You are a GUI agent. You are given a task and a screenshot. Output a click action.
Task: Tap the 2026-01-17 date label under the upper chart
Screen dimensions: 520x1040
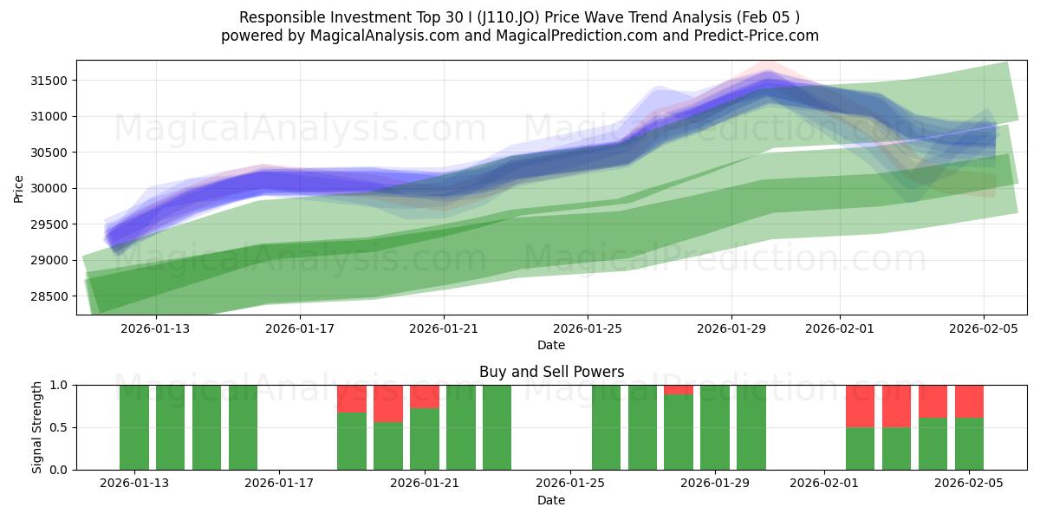coord(300,328)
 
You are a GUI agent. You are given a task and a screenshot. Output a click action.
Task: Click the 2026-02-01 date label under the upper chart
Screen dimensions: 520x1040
coord(839,328)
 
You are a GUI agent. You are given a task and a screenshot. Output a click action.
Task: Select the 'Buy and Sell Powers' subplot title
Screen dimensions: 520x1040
coord(551,372)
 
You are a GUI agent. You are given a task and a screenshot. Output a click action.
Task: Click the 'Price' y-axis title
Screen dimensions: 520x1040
coord(20,188)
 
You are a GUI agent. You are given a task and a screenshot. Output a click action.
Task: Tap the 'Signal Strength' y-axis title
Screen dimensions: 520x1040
coord(36,427)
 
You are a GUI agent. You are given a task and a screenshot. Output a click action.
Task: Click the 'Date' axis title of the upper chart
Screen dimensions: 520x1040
coord(551,345)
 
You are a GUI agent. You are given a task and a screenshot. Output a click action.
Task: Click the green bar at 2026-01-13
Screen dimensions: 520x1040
coord(134,427)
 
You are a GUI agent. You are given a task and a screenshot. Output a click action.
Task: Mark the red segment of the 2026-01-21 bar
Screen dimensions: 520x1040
coord(425,396)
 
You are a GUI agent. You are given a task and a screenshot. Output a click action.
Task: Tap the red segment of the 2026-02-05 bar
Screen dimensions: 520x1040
coord(969,401)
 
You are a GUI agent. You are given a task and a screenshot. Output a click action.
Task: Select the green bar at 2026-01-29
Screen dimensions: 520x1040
coord(715,427)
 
